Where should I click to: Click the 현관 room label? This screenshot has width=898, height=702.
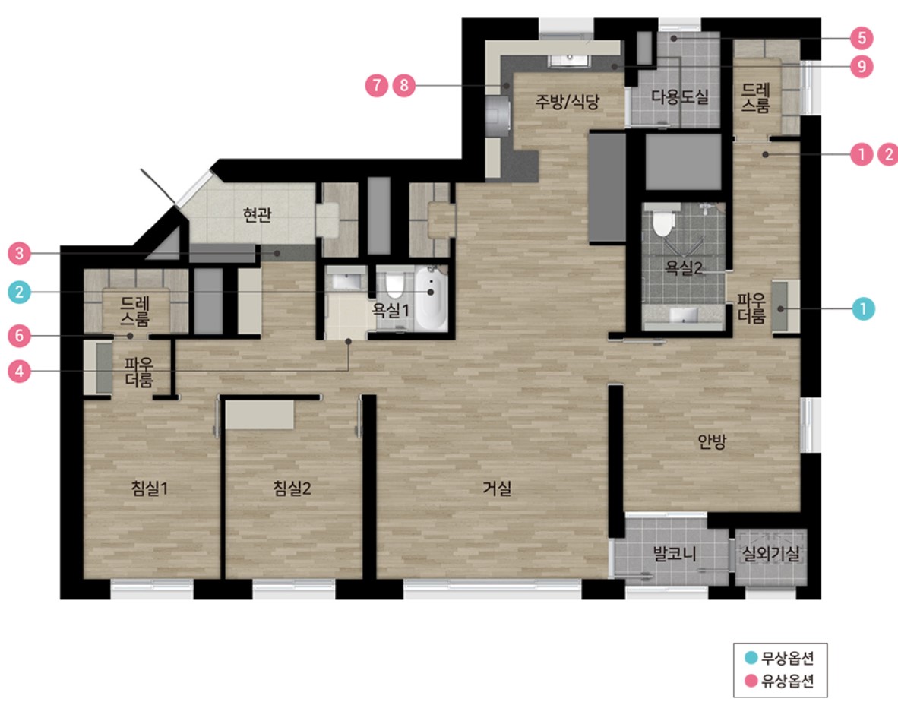(x=257, y=215)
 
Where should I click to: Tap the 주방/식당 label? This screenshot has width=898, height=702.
(x=567, y=101)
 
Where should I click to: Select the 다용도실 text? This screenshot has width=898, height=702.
(x=680, y=96)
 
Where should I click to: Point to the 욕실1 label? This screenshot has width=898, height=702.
(x=391, y=310)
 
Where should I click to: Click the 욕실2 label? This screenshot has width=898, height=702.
(x=683, y=267)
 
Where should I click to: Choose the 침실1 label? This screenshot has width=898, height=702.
(x=149, y=489)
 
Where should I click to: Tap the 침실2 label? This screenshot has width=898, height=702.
(x=292, y=489)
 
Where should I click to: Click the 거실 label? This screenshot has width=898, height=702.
(x=497, y=489)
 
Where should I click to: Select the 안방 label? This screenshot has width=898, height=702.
(x=712, y=441)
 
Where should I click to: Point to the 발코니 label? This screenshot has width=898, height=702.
(x=675, y=554)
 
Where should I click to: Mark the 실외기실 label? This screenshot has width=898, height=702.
(x=771, y=554)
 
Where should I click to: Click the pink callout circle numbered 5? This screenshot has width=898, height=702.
(x=862, y=38)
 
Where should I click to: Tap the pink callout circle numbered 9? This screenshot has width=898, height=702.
(x=862, y=67)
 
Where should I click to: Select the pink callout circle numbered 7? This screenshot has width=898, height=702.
(x=377, y=86)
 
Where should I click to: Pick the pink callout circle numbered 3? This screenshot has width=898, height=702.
(x=20, y=253)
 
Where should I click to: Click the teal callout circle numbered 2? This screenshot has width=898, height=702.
(x=20, y=292)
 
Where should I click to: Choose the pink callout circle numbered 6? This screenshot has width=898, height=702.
(x=20, y=336)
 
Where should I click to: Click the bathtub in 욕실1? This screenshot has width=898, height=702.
(x=432, y=299)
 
